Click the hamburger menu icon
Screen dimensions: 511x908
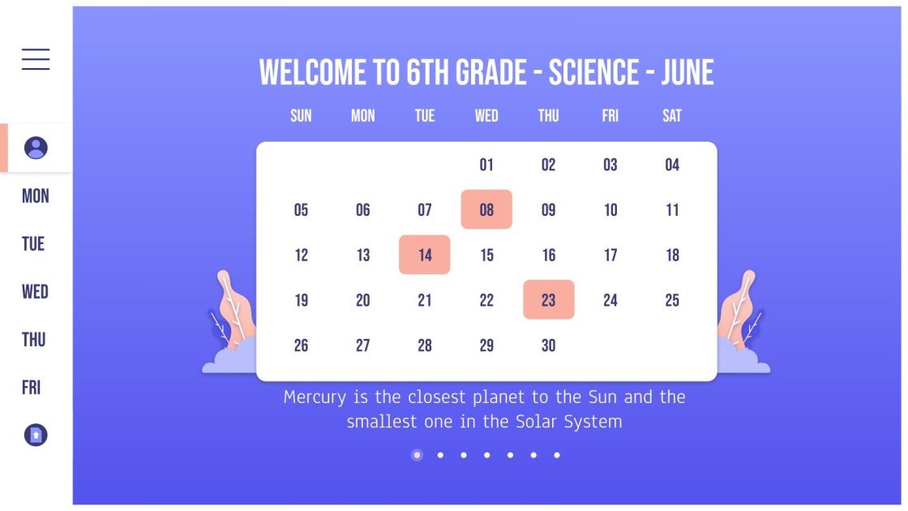tap(36, 59)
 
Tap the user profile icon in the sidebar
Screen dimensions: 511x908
tap(36, 148)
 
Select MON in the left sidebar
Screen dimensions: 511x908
tap(36, 196)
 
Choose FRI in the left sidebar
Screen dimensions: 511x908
tap(32, 388)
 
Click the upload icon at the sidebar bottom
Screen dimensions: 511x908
tap(36, 436)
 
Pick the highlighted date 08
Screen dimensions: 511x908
tap(486, 210)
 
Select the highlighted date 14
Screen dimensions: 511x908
tap(425, 255)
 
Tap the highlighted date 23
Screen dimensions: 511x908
tap(549, 300)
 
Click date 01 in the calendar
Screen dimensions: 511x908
tap(486, 165)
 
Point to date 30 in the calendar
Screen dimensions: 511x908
tap(549, 346)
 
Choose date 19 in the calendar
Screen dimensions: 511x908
tap(301, 300)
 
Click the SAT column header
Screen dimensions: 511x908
tap(672, 116)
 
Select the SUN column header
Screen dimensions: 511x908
tap(301, 116)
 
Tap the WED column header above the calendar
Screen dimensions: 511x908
tap(486, 116)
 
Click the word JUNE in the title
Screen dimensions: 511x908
tap(687, 73)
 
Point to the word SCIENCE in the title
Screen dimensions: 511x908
tap(593, 73)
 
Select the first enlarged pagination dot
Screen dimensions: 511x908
tap(417, 455)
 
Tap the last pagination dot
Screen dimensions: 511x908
tap(557, 455)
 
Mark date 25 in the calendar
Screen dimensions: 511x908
tap(672, 300)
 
